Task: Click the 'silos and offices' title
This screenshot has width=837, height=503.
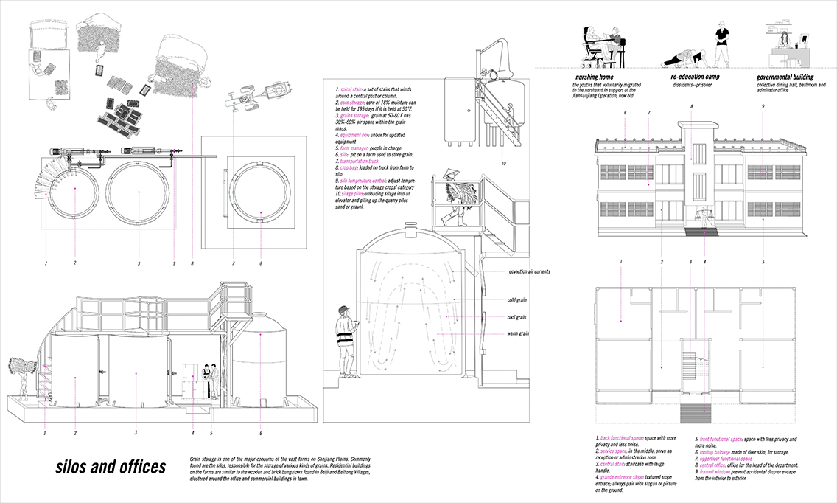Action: [x=111, y=468]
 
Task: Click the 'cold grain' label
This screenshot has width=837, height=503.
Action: [x=516, y=300]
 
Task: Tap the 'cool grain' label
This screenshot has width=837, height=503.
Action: [x=516, y=317]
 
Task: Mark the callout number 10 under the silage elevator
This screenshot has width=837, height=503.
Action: [x=503, y=163]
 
